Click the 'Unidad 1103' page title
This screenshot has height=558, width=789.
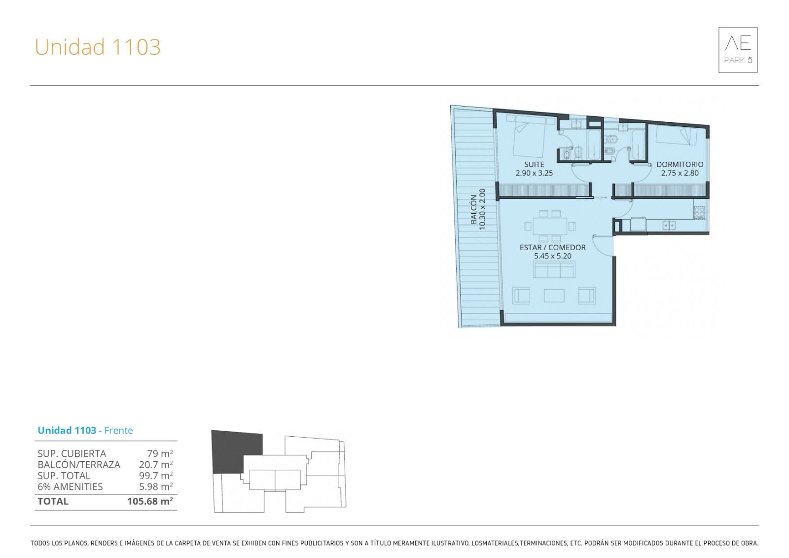pos(98,47)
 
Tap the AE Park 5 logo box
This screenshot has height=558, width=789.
pos(738,50)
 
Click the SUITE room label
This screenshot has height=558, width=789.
pos(534,164)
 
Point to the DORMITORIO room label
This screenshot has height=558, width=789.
pos(680,164)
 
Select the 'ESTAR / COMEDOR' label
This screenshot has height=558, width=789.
pos(553,248)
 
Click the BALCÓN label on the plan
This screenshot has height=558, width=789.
pos(474,209)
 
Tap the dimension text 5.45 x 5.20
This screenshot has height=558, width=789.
pos(553,256)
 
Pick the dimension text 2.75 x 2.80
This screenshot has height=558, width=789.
pos(680,173)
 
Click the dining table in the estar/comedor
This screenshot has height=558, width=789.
pos(550,226)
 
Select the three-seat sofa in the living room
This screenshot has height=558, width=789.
pos(554,270)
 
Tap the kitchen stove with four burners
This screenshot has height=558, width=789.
pos(699,213)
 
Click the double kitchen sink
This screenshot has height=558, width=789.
pos(669,225)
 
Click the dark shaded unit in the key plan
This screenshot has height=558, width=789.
pos(236,451)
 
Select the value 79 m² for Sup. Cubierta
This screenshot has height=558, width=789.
pos(160,453)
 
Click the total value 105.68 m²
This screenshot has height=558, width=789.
pos(150,501)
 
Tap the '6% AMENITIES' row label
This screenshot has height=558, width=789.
pos(70,487)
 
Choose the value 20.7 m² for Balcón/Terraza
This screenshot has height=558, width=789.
pos(156,465)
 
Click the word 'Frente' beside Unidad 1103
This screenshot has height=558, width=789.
pos(118,430)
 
